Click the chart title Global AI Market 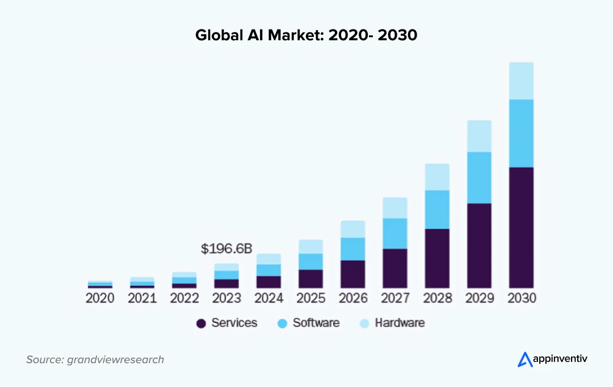[x=306, y=35]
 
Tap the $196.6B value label [x=226, y=249]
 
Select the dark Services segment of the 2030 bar [x=521, y=227]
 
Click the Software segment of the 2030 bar [x=521, y=133]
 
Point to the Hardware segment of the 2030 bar [x=521, y=81]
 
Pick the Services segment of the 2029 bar [x=479, y=245]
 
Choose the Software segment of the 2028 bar [x=437, y=209]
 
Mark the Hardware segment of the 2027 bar [x=395, y=208]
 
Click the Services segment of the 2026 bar [x=353, y=274]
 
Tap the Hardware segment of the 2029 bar [x=479, y=136]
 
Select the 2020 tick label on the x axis [x=100, y=298]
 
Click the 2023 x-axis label [x=226, y=298]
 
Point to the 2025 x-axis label [x=311, y=298]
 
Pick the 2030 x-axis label [x=522, y=298]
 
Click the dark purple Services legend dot [x=201, y=323]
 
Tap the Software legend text [x=316, y=323]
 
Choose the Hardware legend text [x=400, y=323]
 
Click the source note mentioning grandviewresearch [x=95, y=359]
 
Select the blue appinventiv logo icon [x=524, y=359]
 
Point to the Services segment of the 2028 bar [x=437, y=258]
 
